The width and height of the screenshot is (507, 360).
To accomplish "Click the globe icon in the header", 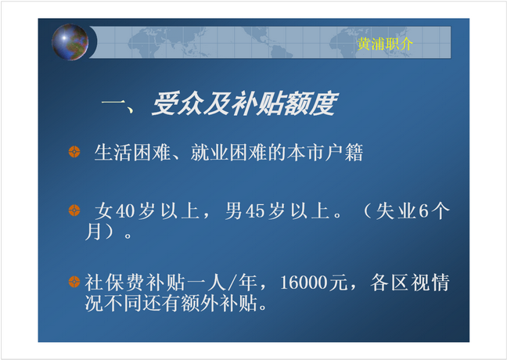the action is point(70,42).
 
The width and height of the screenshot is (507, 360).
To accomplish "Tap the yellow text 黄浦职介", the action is point(385,44).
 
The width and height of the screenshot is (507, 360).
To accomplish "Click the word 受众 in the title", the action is point(178,103).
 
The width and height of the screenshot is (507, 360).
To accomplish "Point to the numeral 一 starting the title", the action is point(113,104).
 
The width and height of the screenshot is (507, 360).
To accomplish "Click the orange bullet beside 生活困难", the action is point(74,152).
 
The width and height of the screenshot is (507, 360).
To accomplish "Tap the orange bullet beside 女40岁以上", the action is point(74,211).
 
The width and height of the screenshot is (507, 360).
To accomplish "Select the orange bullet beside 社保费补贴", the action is point(74,282).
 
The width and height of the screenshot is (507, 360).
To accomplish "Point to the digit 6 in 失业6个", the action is point(423,211).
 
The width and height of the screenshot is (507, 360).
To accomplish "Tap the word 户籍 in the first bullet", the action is point(344,153).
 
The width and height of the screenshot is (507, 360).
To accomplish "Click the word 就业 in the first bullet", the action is point(210,153).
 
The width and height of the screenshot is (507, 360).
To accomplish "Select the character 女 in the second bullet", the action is point(104,211).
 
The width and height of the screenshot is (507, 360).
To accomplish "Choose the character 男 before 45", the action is point(234,211).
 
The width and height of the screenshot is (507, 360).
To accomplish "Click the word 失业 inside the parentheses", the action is point(397,211).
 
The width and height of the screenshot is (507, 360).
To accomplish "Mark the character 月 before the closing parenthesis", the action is point(93,232).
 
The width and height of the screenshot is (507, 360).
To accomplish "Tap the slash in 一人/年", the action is point(232,283).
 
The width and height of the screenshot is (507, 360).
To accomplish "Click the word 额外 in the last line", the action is point(200,303).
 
